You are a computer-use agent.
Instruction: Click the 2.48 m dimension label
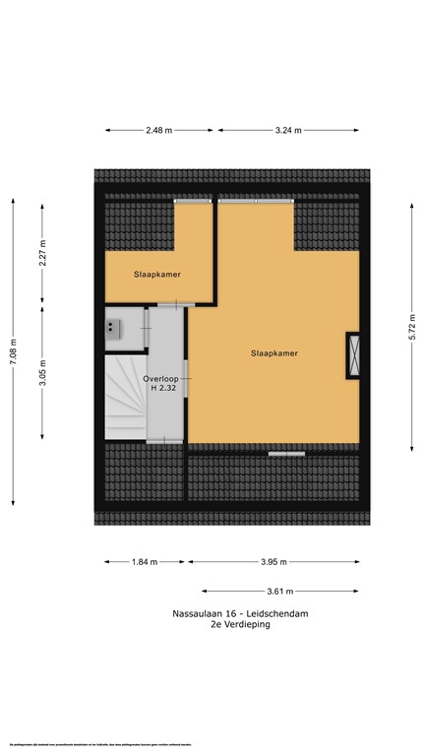pos(157,130)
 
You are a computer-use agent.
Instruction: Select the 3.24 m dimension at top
pos(288,130)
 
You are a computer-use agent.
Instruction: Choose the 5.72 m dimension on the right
pos(411,326)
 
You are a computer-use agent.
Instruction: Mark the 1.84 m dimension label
pos(145,562)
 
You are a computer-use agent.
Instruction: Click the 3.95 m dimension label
pos(273,562)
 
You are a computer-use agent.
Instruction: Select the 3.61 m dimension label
pos(281,591)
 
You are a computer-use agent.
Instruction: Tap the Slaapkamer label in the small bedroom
pos(157,275)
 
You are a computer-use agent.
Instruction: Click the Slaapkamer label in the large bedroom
pos(273,352)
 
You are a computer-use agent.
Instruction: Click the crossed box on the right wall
pos(353,355)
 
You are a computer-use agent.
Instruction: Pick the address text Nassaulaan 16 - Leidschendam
pos(239,613)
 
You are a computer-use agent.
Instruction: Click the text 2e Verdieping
pos(239,624)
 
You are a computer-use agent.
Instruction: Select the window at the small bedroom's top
pos(194,200)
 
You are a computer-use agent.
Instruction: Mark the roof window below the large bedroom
pos(286,453)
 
